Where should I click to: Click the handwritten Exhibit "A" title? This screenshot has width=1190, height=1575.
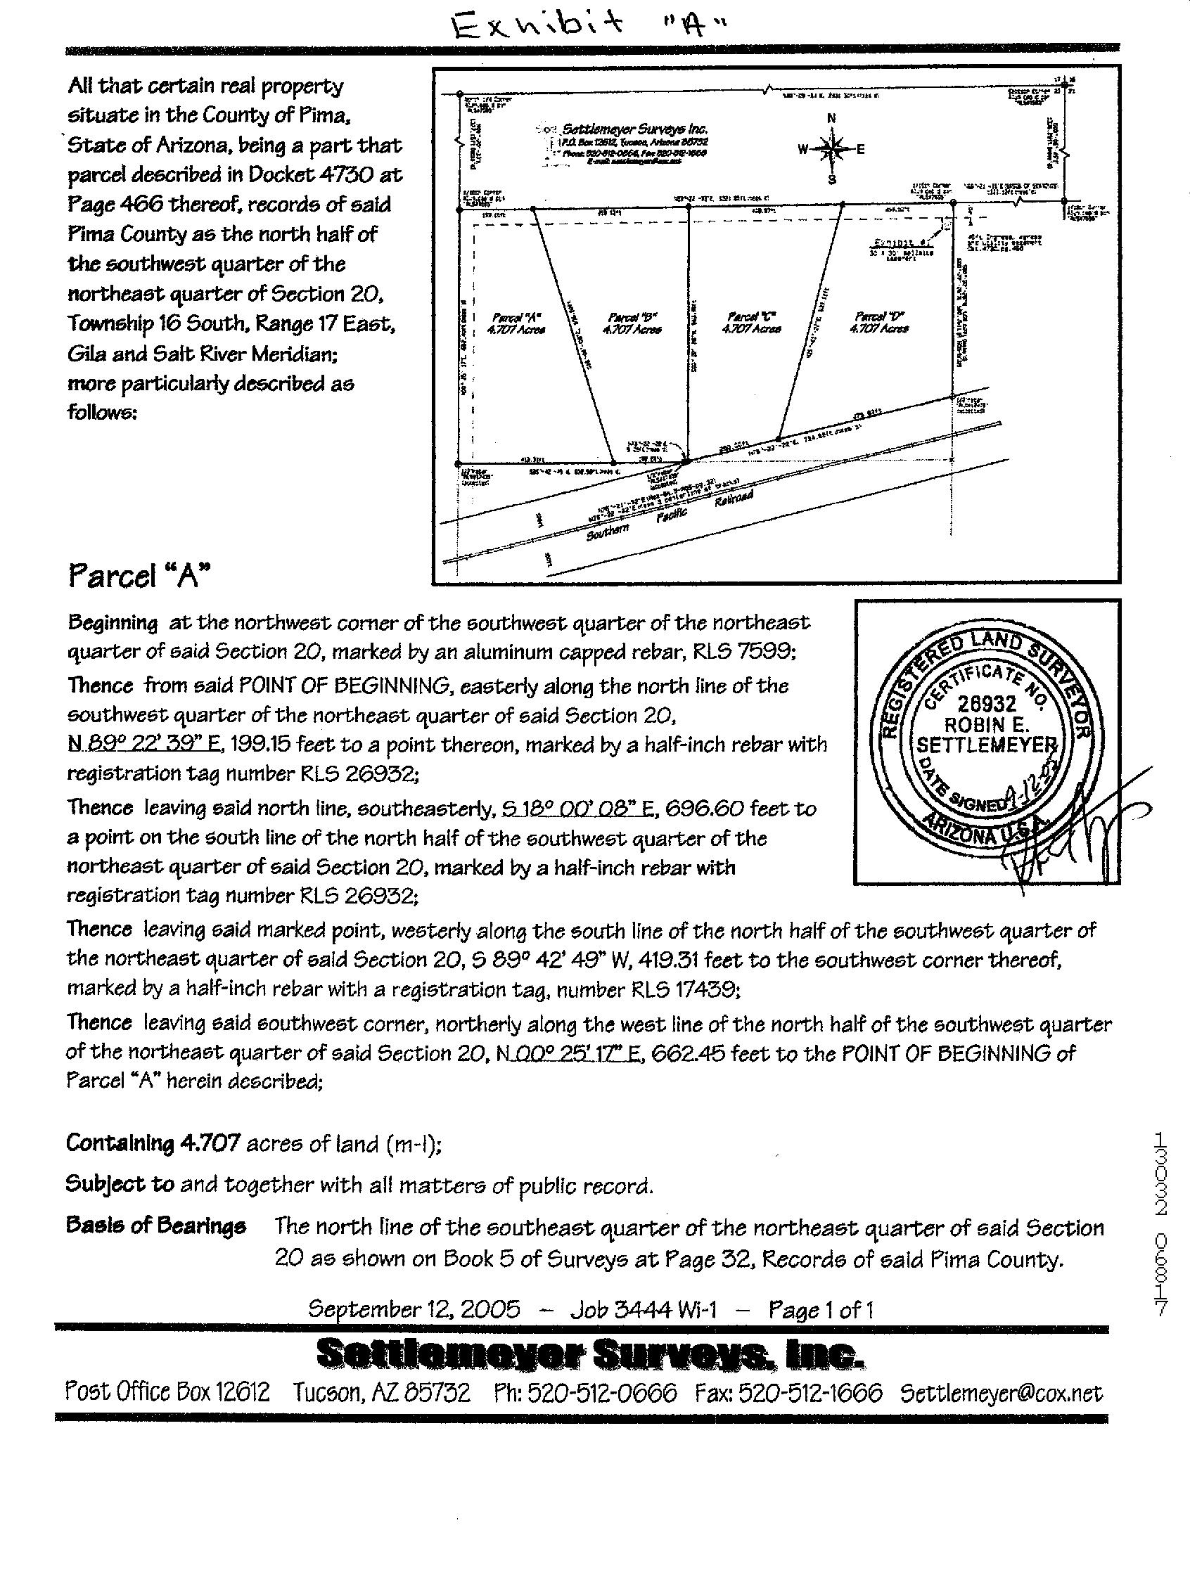(x=590, y=25)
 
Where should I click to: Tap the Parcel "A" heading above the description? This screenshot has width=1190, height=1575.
(x=139, y=575)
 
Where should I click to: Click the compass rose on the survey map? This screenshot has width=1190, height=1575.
(x=831, y=149)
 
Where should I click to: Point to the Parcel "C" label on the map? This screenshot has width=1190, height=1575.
(x=750, y=322)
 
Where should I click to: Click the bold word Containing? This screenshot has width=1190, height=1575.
(x=120, y=1143)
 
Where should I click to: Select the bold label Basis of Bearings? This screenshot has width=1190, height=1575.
(x=156, y=1226)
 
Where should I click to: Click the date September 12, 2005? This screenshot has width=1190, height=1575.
(x=414, y=1309)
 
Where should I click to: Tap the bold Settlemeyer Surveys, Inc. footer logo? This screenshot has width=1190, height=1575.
(x=590, y=1353)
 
